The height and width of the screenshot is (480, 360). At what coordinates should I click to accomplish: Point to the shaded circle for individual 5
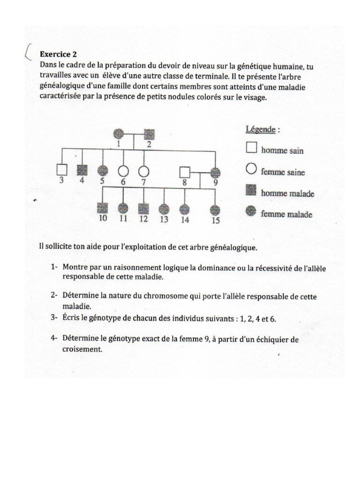tap(102, 170)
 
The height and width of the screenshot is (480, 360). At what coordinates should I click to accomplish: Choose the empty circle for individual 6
tap(123, 171)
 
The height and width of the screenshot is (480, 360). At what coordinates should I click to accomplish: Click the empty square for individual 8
tap(185, 172)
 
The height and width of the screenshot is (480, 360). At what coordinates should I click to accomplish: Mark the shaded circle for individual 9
tap(215, 172)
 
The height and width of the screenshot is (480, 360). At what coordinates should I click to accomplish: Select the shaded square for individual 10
tap(102, 207)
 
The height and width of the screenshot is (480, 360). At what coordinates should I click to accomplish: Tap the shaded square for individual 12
tap(144, 208)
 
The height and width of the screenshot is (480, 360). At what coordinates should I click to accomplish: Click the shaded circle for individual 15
tap(215, 210)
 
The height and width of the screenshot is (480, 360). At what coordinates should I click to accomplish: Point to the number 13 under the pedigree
tap(164, 219)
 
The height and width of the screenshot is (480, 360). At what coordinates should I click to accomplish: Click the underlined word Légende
tap(261, 129)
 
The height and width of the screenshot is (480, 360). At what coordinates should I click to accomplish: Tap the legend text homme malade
tap(287, 193)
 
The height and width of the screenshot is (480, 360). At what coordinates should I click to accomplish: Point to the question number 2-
tap(55, 296)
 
